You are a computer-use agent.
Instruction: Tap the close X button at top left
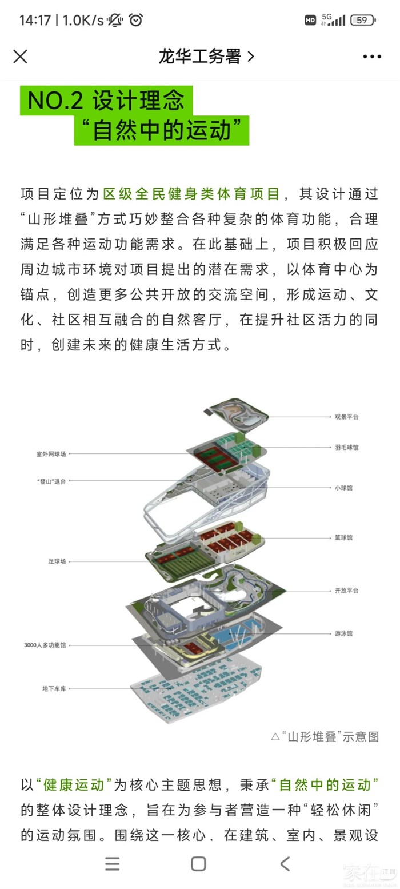point(20,57)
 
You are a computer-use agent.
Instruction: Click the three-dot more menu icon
point(372,57)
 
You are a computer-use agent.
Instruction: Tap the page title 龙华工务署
point(199,57)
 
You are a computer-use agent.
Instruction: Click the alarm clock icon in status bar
point(136,20)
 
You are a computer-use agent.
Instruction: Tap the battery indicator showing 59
point(363,20)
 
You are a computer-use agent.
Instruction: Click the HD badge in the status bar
point(310,20)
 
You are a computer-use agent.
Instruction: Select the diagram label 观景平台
point(346,417)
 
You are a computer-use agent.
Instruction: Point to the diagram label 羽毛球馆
point(346,447)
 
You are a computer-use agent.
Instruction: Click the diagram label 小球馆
point(343,488)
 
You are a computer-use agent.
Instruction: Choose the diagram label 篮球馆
point(343,538)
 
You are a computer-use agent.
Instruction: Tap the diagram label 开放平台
point(346,590)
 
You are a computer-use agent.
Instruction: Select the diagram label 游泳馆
point(343,633)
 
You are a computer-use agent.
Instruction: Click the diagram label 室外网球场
point(51,453)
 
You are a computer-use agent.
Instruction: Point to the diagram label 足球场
point(57,561)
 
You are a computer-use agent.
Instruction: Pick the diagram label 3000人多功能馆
point(45,645)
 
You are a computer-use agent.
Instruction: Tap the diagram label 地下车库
point(54,688)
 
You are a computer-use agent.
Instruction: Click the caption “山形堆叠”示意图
point(325,736)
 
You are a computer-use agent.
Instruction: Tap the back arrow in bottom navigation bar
point(285,864)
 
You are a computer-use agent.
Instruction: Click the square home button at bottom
point(198,864)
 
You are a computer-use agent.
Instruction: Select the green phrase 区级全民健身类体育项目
point(191,194)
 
